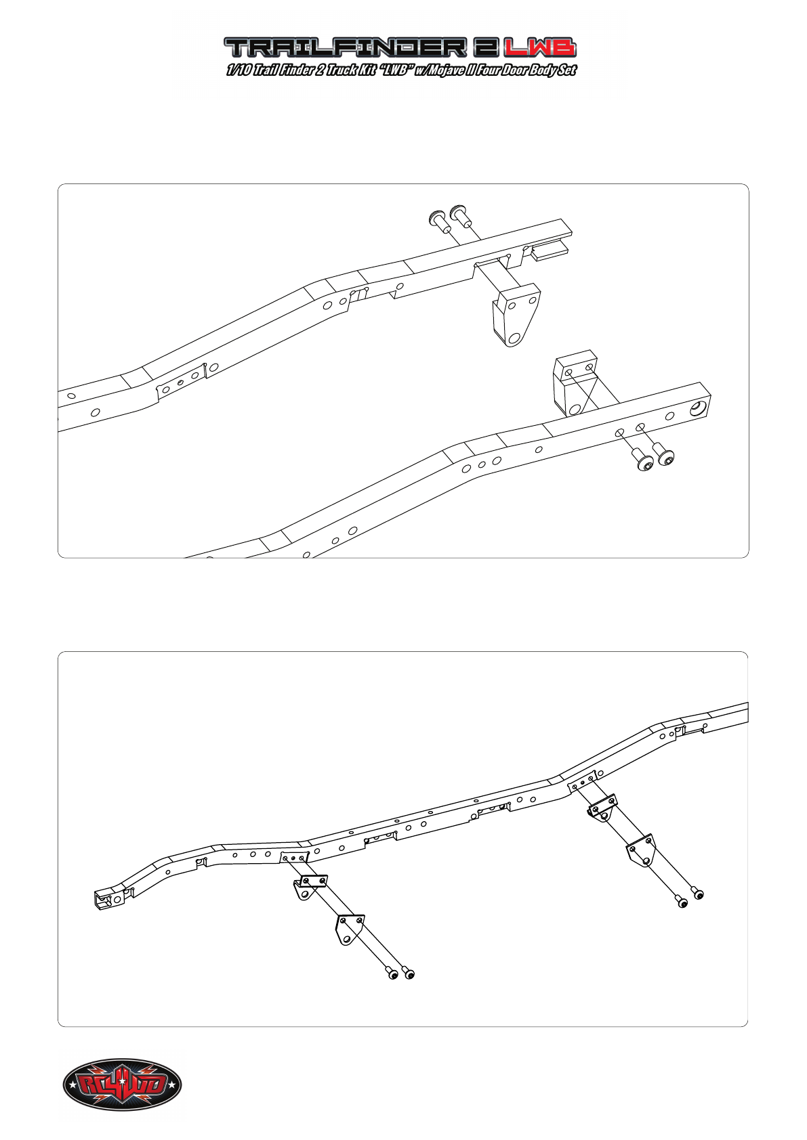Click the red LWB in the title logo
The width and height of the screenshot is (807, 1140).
coord(540,47)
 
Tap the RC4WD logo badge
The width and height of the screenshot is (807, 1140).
coord(122,1085)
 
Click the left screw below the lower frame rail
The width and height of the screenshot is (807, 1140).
coord(643,462)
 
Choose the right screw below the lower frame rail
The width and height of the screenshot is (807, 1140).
coord(664,456)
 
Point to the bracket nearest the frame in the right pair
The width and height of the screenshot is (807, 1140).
coord(602,808)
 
